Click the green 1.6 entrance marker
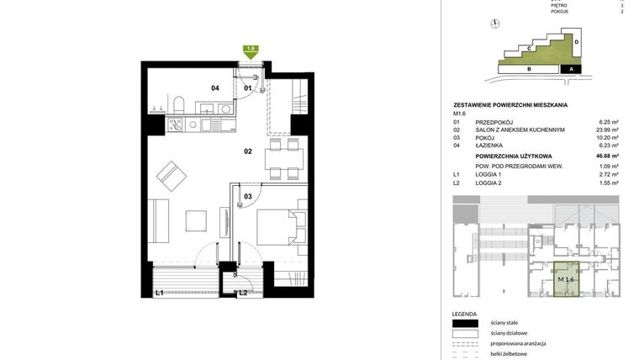point(251,50)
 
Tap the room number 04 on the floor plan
point(215,88)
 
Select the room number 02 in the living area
point(248,151)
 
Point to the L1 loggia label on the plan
point(159,292)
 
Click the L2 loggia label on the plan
point(243,293)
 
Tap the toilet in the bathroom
point(180,105)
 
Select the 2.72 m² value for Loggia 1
point(607,174)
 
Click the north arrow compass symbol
point(496,24)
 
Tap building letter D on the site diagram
point(576,41)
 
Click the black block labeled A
point(571,69)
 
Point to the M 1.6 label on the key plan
point(565,279)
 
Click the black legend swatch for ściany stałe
point(464,324)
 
